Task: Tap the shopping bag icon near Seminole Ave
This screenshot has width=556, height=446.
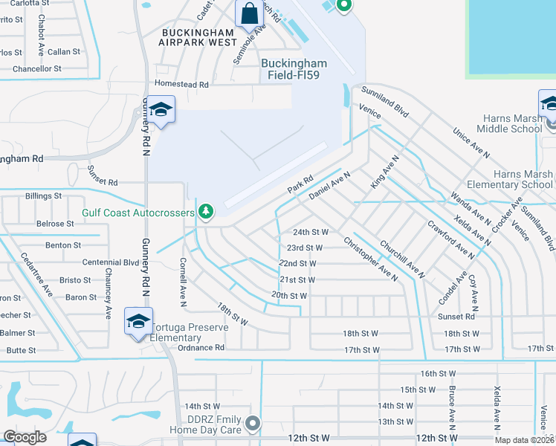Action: [248, 13]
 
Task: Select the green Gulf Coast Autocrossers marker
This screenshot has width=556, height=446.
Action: [206, 213]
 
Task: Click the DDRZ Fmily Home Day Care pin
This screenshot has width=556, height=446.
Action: [253, 424]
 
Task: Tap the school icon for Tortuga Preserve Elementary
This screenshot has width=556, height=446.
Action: [138, 320]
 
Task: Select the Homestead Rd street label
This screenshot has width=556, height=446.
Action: [181, 85]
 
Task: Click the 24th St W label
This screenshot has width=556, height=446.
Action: [310, 232]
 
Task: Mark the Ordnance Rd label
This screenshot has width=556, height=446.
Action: [201, 347]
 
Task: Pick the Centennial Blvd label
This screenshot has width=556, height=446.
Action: [110, 262]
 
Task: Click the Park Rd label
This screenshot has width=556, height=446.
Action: [301, 186]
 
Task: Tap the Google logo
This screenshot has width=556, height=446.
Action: [25, 437]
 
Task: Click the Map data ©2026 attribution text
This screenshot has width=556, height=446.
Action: [524, 440]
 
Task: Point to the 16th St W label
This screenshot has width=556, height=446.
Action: [437, 373]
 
